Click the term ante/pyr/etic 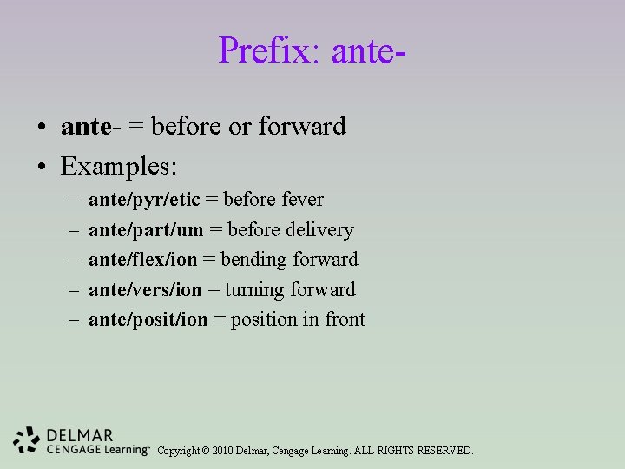coord(144,200)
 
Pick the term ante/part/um coord(146,230)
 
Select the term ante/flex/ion coord(142,260)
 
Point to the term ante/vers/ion coord(144,289)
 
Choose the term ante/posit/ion coord(148,320)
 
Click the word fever coord(302,200)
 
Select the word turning coord(256,289)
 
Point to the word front coord(345,320)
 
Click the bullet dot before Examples coord(42,165)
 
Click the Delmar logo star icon coord(26,440)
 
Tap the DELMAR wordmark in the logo coord(80,434)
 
